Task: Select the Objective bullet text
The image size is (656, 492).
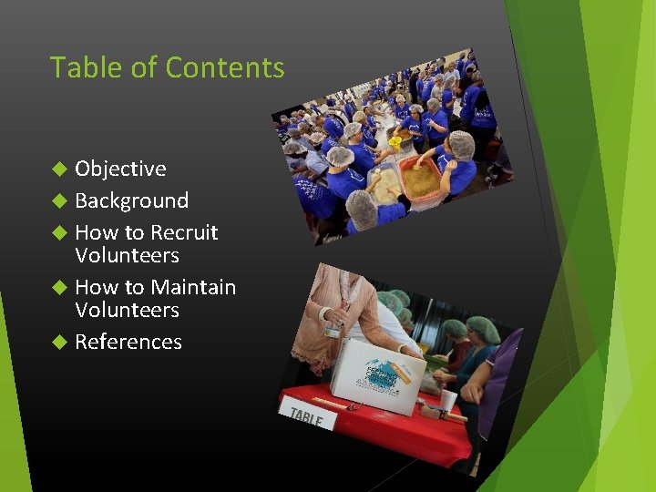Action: [120, 169]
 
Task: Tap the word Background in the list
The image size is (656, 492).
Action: [131, 200]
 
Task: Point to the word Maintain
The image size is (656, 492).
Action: [192, 287]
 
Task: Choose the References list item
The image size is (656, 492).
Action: [128, 342]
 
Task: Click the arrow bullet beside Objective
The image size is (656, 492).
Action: [60, 169]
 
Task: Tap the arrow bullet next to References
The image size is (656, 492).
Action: [60, 342]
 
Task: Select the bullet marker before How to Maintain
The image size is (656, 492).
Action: [60, 287]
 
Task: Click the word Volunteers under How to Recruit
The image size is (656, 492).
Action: [127, 255]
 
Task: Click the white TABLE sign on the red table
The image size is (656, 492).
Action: [306, 417]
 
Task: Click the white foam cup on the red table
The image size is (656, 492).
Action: [447, 400]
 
